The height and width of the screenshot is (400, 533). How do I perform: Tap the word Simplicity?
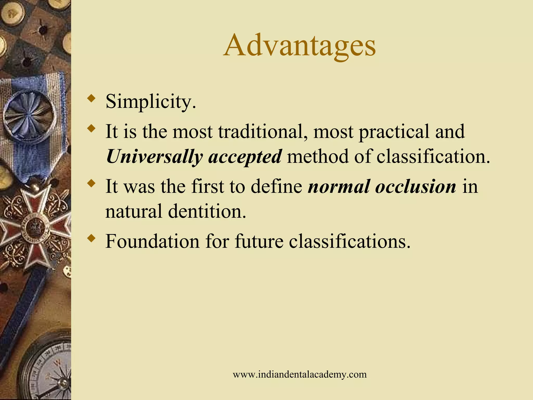[x=150, y=102]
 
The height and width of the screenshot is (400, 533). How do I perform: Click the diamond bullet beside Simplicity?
[x=91, y=99]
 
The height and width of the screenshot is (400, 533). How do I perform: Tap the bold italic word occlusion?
[x=415, y=186]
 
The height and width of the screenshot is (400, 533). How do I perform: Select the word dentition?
[x=207, y=211]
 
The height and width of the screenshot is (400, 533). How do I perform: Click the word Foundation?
[x=152, y=241]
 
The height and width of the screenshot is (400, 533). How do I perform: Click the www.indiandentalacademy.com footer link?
[x=299, y=374]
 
